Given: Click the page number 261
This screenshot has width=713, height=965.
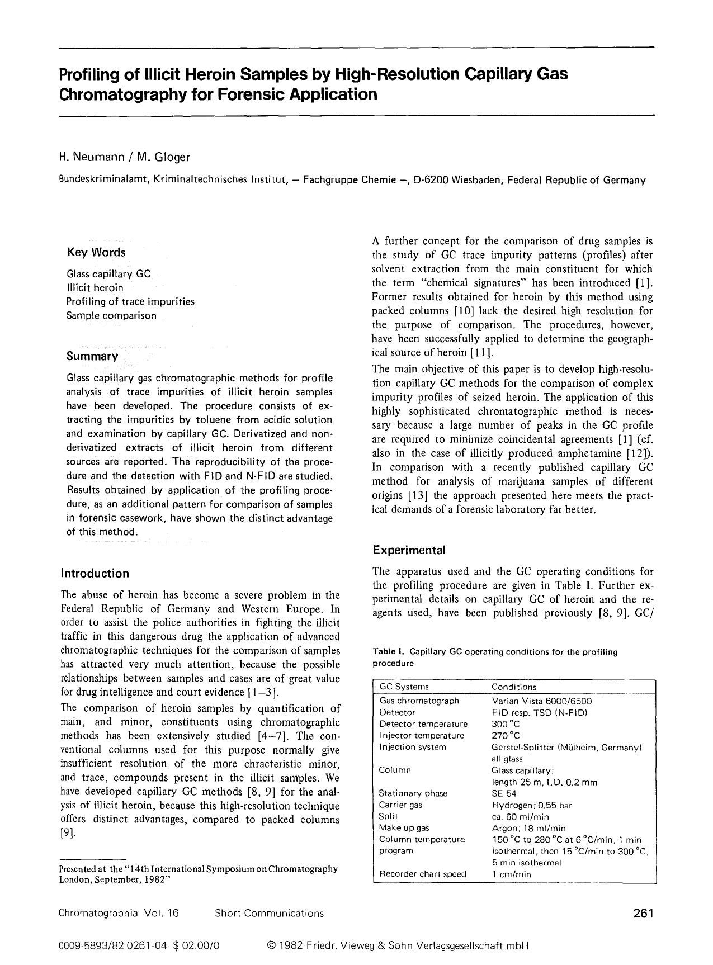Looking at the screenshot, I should click(643, 914).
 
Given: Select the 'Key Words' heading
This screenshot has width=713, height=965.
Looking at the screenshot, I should click(96, 252).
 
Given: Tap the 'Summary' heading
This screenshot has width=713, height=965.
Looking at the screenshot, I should click(92, 356).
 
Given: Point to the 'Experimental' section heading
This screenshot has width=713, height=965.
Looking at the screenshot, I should click(409, 550).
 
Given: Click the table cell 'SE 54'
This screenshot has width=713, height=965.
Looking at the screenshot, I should click(504, 793).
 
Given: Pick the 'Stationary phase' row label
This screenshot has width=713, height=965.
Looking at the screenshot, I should click(413, 793).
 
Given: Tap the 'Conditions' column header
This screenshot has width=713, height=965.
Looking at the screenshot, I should click(513, 687).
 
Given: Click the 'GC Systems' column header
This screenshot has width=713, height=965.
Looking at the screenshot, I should click(404, 687).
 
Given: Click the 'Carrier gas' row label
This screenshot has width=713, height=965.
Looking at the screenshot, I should click(400, 805).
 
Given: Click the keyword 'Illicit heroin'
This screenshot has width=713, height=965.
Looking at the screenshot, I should click(95, 288).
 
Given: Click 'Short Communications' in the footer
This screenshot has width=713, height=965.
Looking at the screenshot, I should click(269, 914).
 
